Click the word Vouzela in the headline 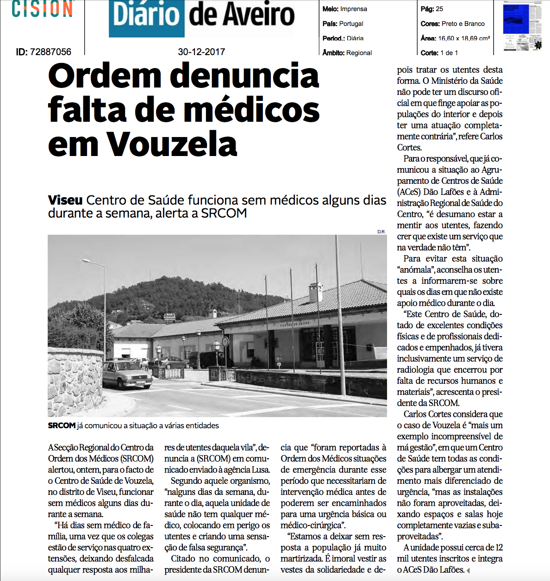click(172, 144)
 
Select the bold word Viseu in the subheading click(65, 200)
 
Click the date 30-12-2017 click(201, 52)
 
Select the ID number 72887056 click(50, 52)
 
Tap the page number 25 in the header click(439, 9)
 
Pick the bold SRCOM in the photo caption click(62, 425)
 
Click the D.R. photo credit click(381, 231)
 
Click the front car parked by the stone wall click(127, 374)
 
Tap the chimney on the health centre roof click(316, 292)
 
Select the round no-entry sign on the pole click(225, 342)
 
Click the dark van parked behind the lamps click(206, 359)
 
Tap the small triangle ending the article click(468, 570)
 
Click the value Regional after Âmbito click(359, 53)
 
